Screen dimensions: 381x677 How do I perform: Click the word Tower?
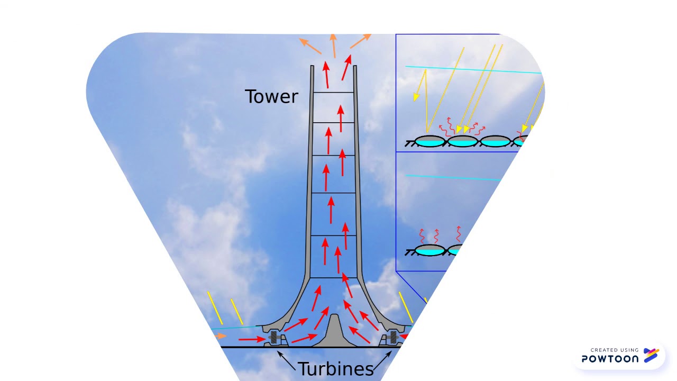coord(271,96)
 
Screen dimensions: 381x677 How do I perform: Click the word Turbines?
coord(335,368)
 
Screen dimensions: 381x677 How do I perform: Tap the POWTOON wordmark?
coord(610,359)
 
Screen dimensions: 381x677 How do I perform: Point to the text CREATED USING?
coord(615,350)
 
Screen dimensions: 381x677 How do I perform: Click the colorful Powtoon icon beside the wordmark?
coord(651,356)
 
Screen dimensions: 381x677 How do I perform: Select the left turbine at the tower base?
coord(275,338)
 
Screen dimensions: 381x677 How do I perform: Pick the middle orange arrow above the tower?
coord(333,46)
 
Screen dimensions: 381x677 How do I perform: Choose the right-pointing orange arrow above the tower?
coord(360,41)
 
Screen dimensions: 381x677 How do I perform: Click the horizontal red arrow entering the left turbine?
coord(252,339)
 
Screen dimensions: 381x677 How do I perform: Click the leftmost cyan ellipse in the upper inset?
coord(429,141)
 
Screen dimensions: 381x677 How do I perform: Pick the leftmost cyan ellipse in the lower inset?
coord(429,250)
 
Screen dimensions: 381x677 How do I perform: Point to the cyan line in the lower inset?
coord(452,178)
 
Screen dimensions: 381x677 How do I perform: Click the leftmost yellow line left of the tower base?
coord(215,307)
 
